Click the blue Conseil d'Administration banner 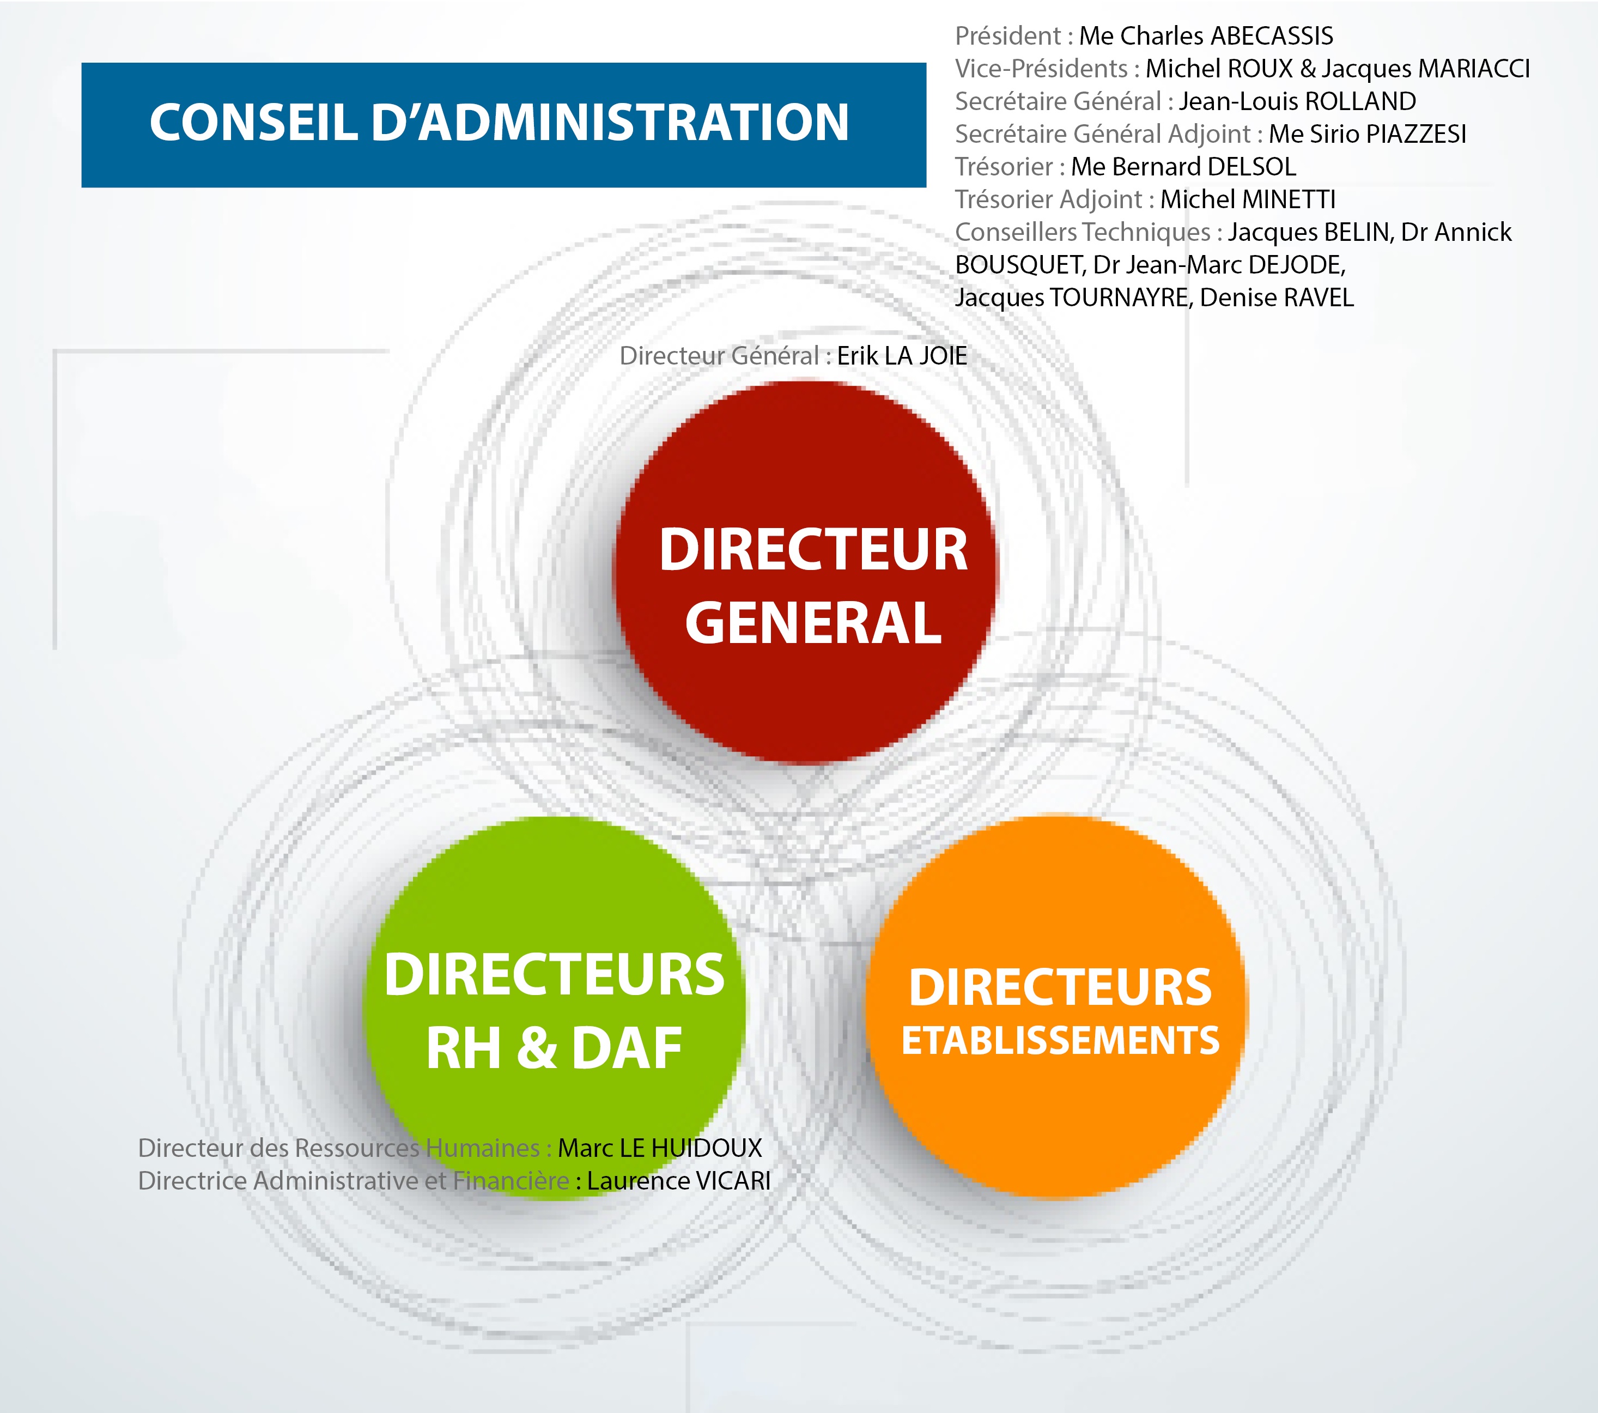pyautogui.click(x=503, y=125)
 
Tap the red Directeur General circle pyautogui.click(x=805, y=572)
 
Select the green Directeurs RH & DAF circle pyautogui.click(x=554, y=1008)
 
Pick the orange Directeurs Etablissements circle pyautogui.click(x=1057, y=1007)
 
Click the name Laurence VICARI pyautogui.click(x=679, y=1181)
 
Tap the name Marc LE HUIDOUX pyautogui.click(x=660, y=1148)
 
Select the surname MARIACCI pyautogui.click(x=1474, y=69)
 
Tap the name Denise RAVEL pyautogui.click(x=1277, y=298)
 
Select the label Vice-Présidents pyautogui.click(x=1041, y=69)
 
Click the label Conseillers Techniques pyautogui.click(x=1083, y=232)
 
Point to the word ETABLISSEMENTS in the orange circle pyautogui.click(x=1060, y=1041)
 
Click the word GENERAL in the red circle pyautogui.click(x=813, y=623)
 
